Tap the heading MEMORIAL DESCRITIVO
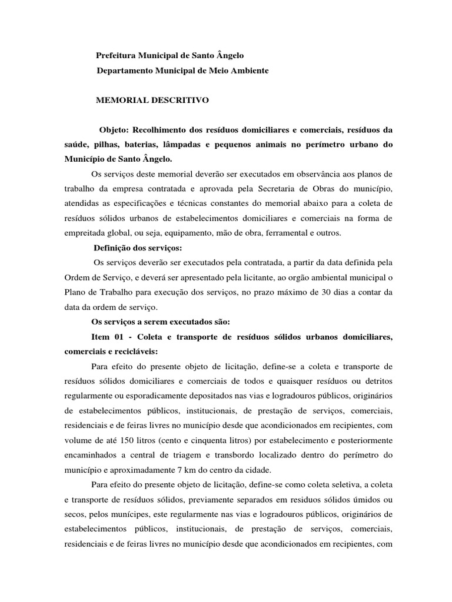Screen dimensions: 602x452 pyautogui.click(x=152, y=101)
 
